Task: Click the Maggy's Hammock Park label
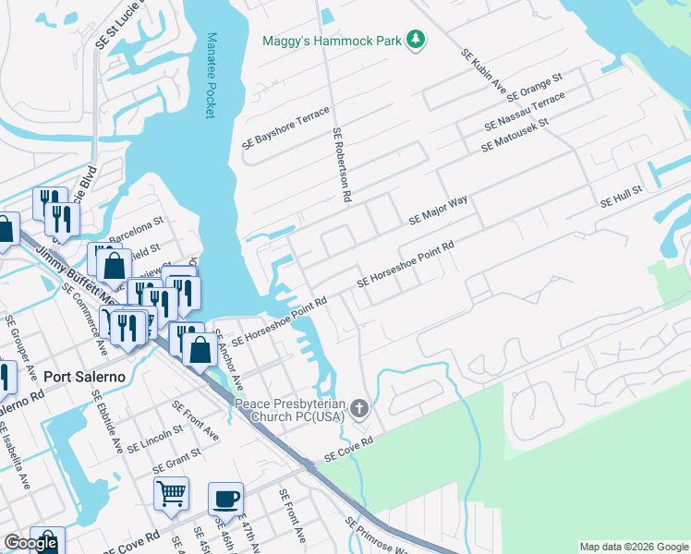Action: click(333, 40)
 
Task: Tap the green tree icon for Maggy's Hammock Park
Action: click(418, 39)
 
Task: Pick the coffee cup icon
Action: click(225, 499)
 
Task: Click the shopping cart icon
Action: click(171, 494)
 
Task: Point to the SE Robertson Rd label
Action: click(342, 164)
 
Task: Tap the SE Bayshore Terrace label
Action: click(285, 128)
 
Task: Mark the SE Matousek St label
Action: click(515, 136)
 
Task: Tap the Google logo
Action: click(30, 543)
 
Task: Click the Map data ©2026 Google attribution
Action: click(634, 547)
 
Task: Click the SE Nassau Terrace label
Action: click(525, 112)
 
